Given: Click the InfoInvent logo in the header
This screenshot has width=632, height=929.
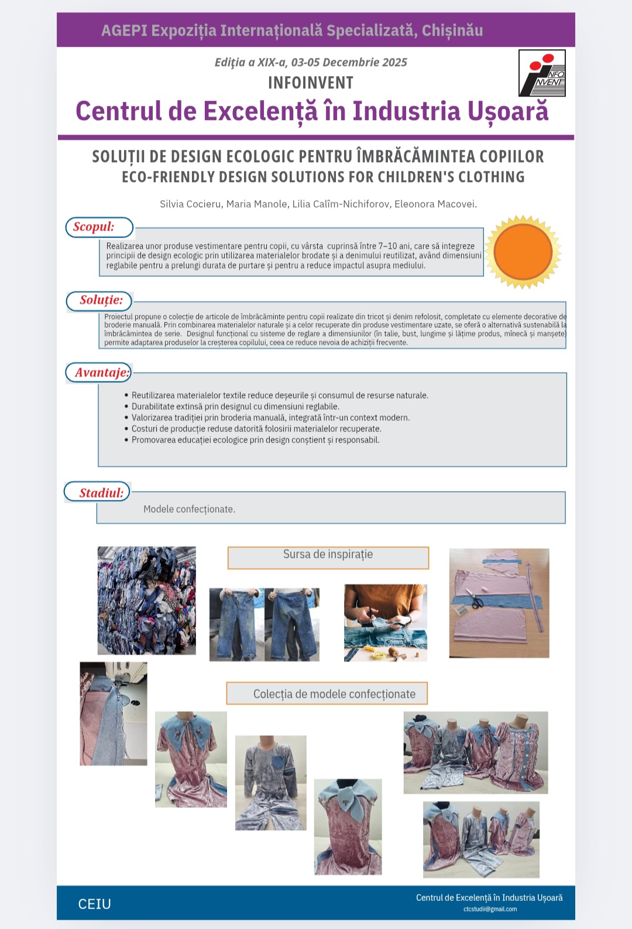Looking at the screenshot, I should click(542, 73).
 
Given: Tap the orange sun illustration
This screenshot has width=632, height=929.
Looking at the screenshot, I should click(523, 252).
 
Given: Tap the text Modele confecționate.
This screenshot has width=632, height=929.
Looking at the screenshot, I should click(189, 509).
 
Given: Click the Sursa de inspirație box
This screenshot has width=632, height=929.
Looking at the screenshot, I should click(328, 557).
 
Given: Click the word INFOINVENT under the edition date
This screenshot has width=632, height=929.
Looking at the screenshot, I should click(310, 83).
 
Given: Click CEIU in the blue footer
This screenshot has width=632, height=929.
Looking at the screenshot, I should click(95, 904).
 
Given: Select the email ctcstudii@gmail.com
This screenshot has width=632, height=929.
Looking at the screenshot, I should click(490, 909).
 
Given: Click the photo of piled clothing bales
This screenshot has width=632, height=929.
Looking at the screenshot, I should click(146, 600).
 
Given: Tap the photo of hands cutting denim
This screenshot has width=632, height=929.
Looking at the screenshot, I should click(385, 622).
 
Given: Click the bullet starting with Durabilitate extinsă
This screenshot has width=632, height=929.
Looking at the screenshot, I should click(235, 407).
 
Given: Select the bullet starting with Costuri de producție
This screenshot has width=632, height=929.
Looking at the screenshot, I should click(256, 429).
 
